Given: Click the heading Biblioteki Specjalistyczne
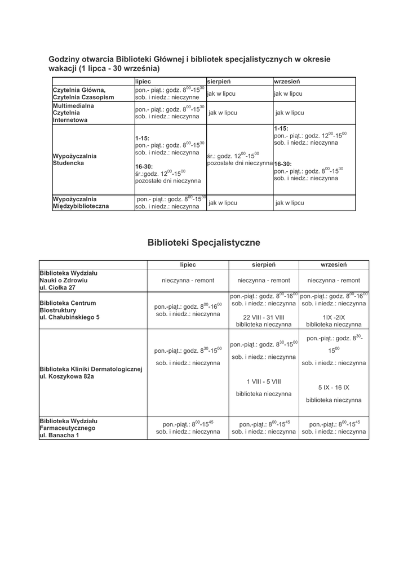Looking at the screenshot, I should pos(203,243).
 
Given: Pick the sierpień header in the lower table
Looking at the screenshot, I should pos(263,264).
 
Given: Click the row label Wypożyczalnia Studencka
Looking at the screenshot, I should pos(74,159).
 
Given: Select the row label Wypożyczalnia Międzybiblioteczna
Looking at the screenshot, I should pos(81,203).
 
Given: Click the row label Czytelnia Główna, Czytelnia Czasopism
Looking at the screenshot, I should pos(83,94).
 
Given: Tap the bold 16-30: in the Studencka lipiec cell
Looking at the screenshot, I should pos(144,167).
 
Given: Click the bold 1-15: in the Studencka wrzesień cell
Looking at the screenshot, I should pos(281,128).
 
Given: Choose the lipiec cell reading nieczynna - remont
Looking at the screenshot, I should pos(188,280).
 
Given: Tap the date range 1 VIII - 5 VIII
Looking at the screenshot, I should pos(264,381).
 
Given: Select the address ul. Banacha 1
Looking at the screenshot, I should pos(59,436).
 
